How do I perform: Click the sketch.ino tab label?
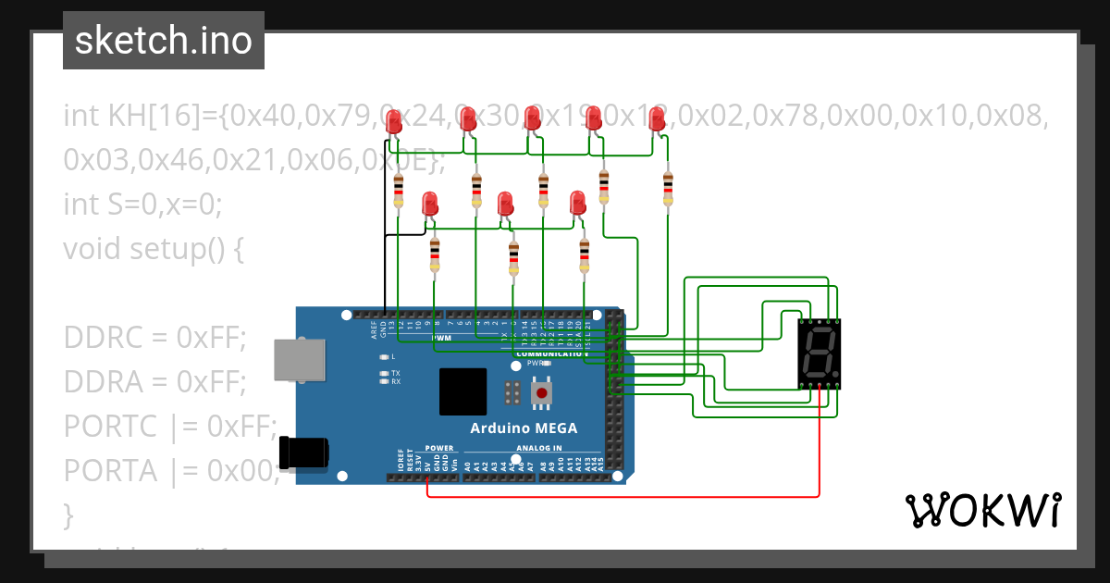coord(164,41)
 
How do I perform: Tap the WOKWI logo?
coord(982,510)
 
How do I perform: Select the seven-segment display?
coord(820,354)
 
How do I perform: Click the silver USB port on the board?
coord(300,359)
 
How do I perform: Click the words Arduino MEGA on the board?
coord(524,428)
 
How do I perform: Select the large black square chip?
coord(462,391)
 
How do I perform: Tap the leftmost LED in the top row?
coord(395,120)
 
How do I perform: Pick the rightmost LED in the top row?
coord(657,119)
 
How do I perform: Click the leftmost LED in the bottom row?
coord(429,204)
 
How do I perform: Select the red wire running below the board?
coord(629,495)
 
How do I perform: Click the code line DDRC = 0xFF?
coord(154,338)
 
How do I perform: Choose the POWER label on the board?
coord(439,448)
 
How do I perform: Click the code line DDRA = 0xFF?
coord(154,381)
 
